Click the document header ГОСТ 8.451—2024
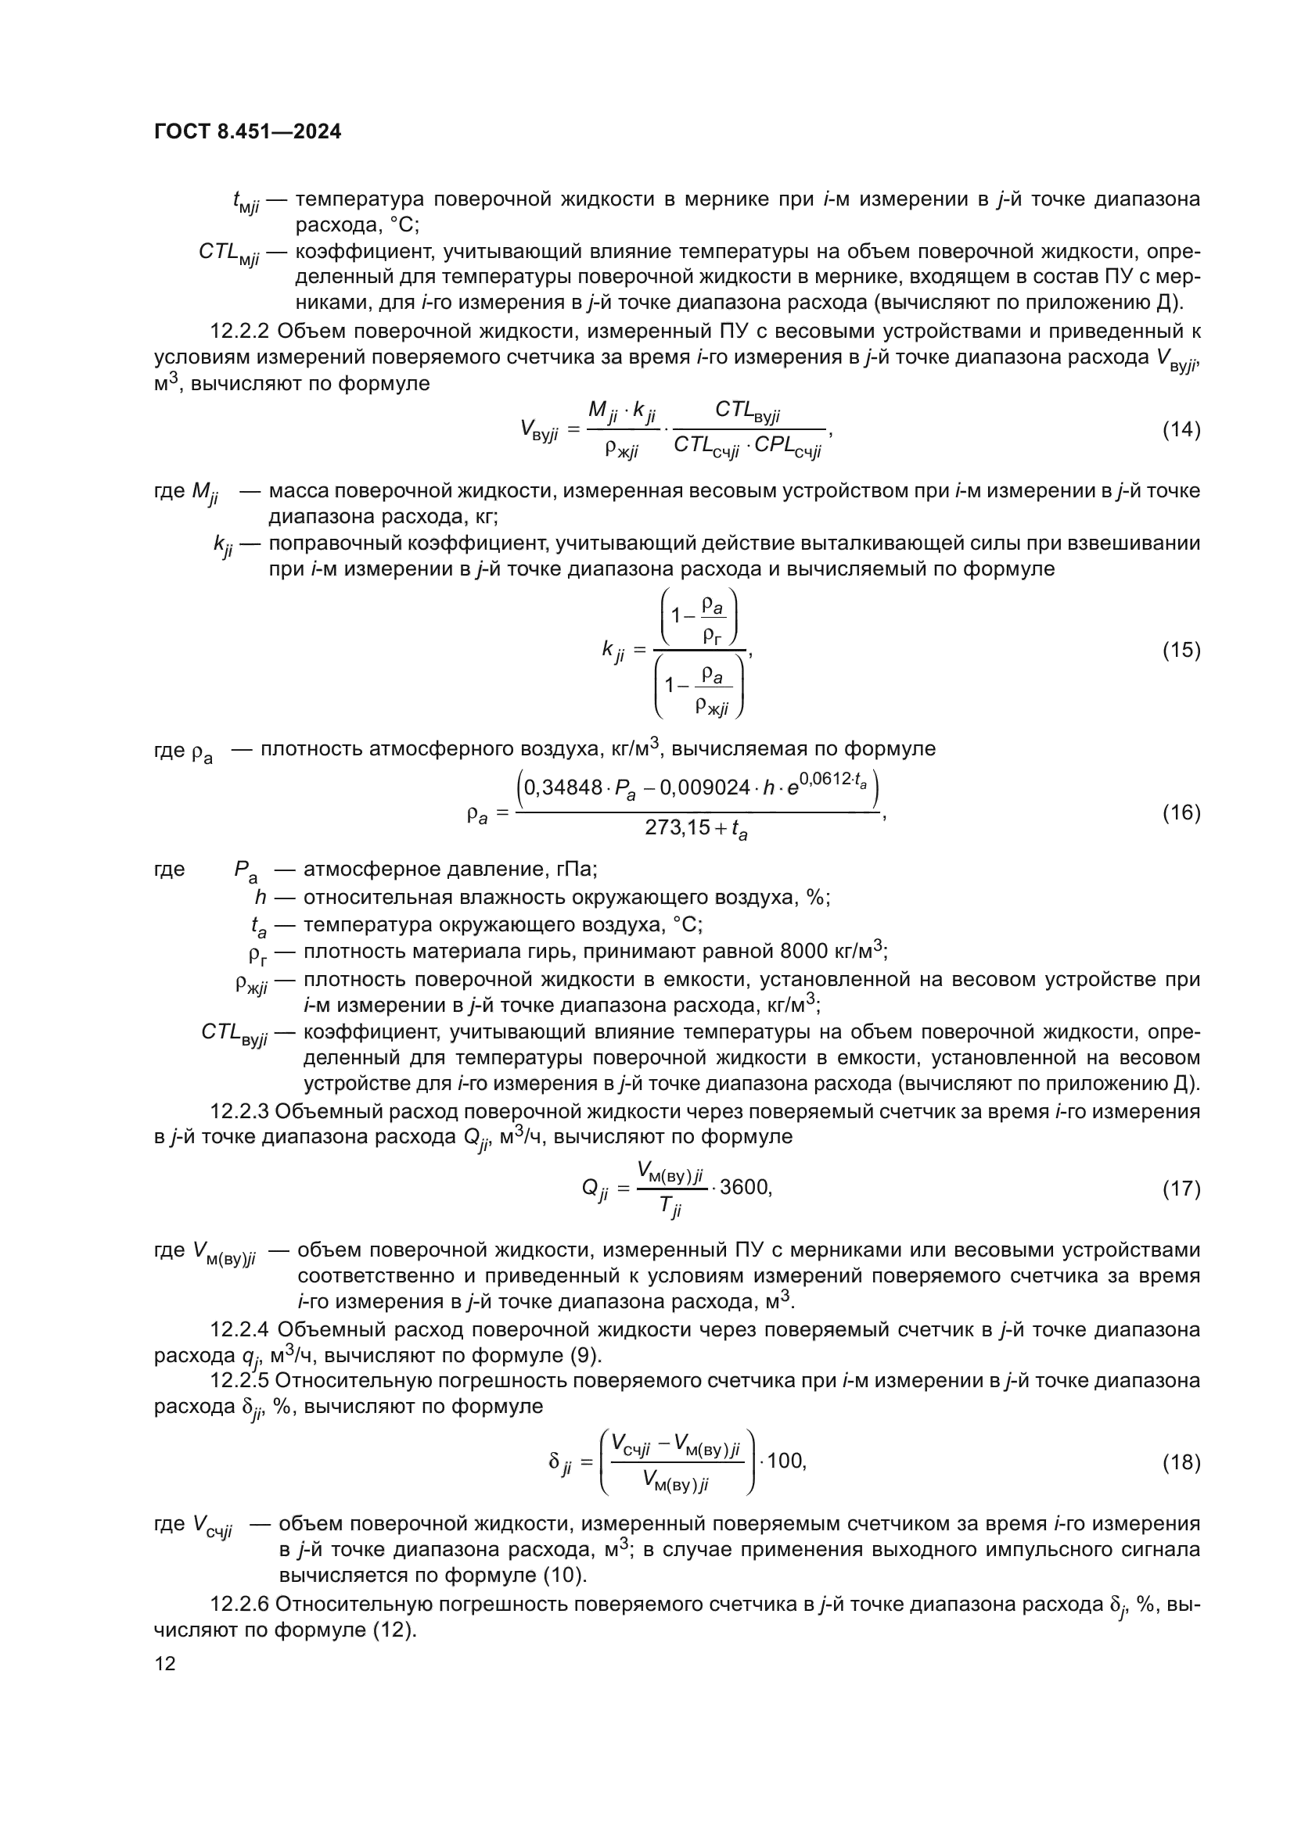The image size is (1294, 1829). (x=247, y=131)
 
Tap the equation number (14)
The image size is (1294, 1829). (x=1181, y=430)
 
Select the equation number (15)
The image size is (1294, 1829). (x=1181, y=650)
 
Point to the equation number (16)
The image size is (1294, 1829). (x=1181, y=812)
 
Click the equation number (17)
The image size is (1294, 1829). (x=1181, y=1189)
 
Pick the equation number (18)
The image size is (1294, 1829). (x=1181, y=1461)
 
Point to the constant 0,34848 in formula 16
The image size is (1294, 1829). (x=563, y=788)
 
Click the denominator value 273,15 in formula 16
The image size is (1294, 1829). (x=677, y=827)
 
